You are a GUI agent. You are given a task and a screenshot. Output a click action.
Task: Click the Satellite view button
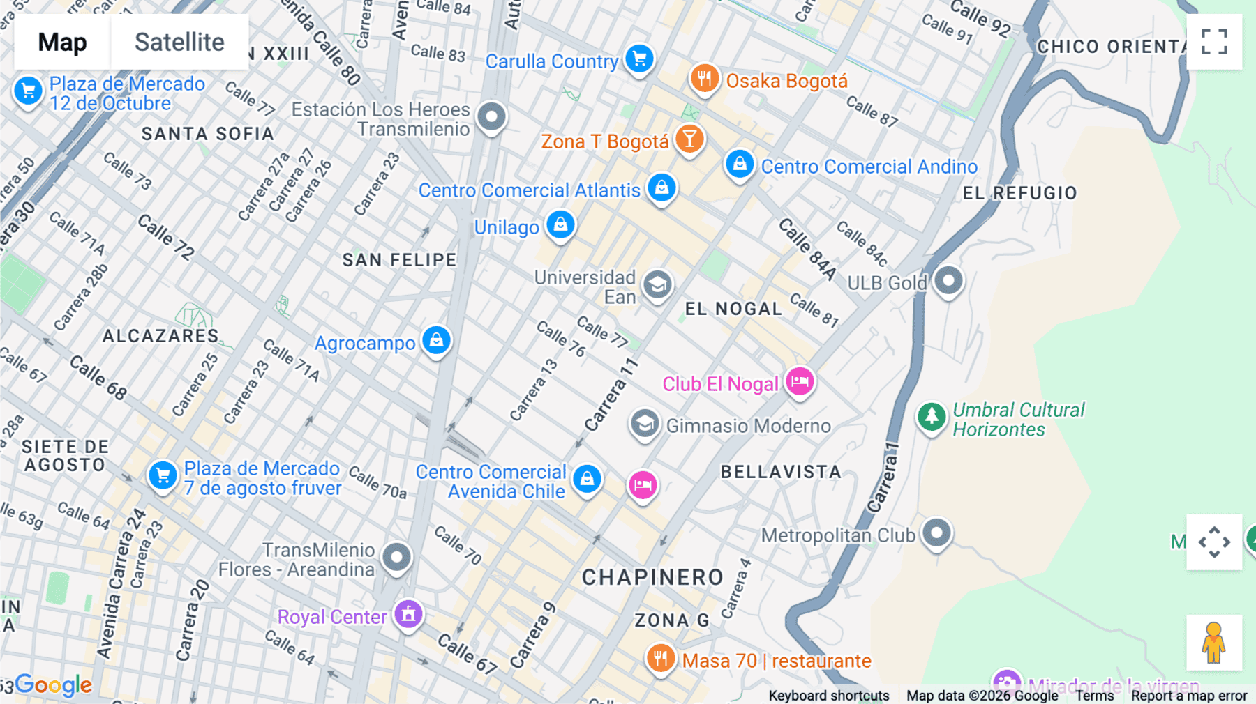click(x=179, y=42)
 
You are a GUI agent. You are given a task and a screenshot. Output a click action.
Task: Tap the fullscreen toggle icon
click(x=1214, y=42)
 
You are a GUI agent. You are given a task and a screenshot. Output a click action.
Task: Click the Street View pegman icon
click(x=1214, y=643)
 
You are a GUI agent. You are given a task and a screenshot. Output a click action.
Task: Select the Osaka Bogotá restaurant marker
click(x=704, y=78)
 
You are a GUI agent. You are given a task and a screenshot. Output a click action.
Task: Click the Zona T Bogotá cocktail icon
click(x=689, y=139)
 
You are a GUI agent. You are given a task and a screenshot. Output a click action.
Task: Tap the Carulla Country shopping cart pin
click(x=639, y=59)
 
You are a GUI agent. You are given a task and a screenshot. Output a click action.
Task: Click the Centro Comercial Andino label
click(x=869, y=167)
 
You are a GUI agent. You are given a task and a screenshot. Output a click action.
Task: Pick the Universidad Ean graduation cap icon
click(x=657, y=284)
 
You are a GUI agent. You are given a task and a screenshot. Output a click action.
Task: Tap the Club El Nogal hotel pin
click(x=800, y=381)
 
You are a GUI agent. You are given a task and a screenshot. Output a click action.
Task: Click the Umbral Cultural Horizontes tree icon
click(x=932, y=417)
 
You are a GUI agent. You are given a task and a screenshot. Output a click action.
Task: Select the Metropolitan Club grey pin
click(x=936, y=533)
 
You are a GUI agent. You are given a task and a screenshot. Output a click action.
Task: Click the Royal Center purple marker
click(x=408, y=614)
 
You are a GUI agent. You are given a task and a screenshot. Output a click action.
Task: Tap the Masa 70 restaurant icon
click(x=660, y=657)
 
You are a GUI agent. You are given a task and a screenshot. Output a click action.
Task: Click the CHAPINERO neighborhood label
click(x=652, y=577)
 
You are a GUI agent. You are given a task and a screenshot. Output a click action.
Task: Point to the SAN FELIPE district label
click(x=399, y=260)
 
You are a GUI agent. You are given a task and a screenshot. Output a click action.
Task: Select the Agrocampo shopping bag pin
click(x=437, y=340)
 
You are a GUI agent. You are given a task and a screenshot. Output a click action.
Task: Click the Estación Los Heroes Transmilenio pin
click(x=492, y=116)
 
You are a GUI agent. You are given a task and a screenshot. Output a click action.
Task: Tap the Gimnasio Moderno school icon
click(x=645, y=423)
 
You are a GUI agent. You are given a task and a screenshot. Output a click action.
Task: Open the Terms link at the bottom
click(x=1094, y=695)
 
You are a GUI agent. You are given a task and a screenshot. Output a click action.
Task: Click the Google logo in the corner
click(x=53, y=685)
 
